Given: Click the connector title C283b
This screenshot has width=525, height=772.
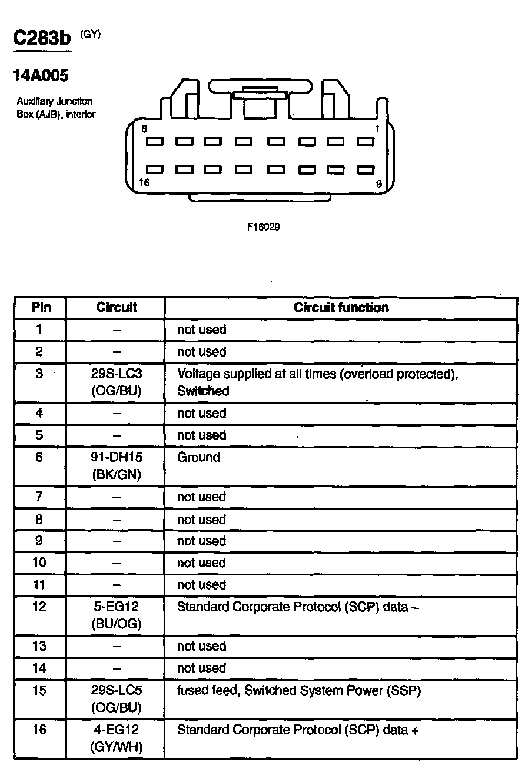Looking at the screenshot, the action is (42, 39).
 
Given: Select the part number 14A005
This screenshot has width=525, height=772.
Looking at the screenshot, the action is (41, 76).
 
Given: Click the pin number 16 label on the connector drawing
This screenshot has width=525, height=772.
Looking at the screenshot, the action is (144, 182).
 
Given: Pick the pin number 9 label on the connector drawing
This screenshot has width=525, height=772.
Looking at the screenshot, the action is (378, 184).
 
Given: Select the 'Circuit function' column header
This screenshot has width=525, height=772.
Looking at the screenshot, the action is (341, 307).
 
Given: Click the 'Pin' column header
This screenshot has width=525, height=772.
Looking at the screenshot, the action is (41, 307).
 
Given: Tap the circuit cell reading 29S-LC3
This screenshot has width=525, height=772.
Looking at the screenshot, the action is (117, 374).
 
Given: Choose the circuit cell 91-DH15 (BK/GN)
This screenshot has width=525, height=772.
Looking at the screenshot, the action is (117, 466).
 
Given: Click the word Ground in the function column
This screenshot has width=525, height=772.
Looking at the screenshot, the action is (198, 457).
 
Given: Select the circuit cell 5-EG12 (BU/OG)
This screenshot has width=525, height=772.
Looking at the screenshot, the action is (117, 615).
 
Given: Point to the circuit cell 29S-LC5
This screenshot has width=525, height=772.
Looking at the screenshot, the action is (117, 691).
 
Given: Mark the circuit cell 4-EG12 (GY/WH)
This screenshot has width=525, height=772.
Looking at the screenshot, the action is (117, 738).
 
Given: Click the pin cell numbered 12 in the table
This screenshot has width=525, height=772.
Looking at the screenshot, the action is (39, 606).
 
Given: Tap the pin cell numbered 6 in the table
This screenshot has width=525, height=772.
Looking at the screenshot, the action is (39, 457).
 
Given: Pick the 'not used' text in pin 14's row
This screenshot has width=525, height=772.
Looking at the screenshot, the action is (201, 668).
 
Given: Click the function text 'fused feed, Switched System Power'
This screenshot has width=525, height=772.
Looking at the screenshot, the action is (299, 691).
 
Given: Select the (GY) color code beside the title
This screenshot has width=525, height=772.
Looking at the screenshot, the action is (91, 34).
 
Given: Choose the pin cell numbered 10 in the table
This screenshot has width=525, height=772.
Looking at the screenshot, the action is (39, 563).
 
